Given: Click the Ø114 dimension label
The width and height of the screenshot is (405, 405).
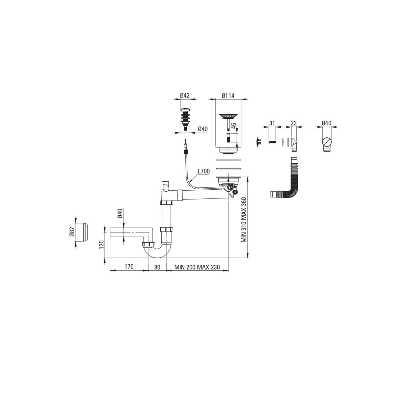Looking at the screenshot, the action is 228,96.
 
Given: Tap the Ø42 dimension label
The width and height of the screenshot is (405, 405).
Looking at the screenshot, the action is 185,96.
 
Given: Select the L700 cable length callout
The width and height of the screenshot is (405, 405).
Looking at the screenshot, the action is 204,171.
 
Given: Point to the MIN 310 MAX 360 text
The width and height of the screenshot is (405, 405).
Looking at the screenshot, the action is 244,220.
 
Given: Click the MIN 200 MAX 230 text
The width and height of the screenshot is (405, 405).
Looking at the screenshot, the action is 197,267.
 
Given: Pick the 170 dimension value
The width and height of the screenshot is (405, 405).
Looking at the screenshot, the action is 129,267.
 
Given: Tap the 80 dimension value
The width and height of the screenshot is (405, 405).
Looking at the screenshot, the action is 157,267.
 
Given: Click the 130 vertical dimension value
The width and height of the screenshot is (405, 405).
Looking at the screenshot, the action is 101,244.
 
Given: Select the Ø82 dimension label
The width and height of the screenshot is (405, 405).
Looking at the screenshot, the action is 72,232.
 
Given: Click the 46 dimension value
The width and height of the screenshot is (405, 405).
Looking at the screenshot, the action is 234,127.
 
